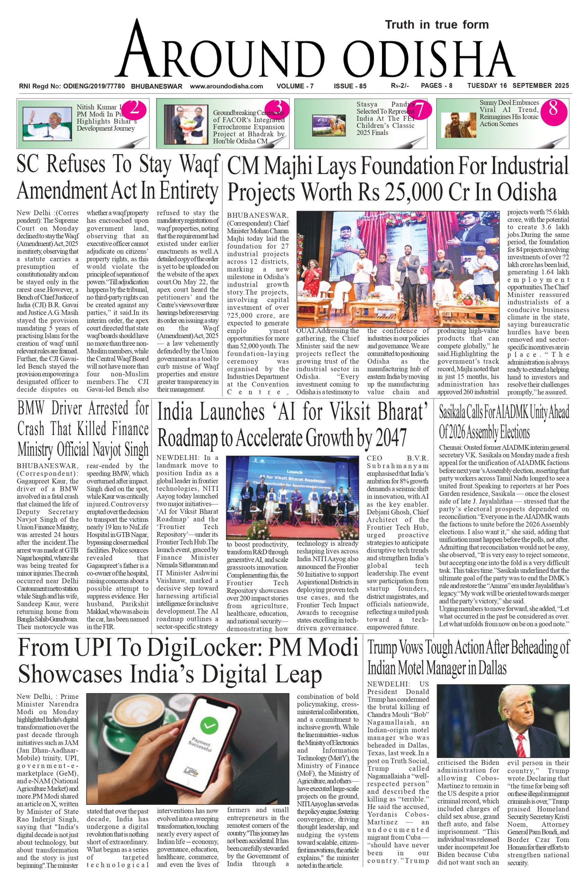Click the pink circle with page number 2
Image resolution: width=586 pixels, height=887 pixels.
point(134,109)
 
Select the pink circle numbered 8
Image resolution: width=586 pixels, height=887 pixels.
point(553,109)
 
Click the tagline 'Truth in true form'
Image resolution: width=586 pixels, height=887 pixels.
point(437,25)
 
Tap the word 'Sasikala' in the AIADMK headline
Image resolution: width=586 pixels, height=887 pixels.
point(457,412)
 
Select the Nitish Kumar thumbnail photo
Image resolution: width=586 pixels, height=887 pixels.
point(47,123)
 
